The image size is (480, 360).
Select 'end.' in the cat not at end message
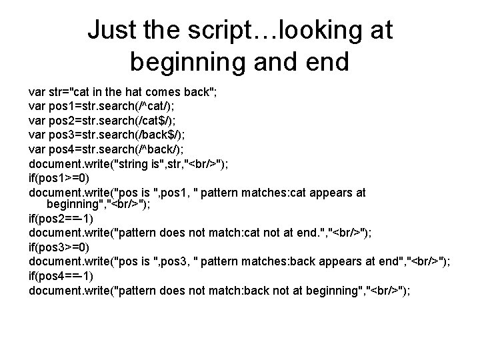click(x=308, y=233)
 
